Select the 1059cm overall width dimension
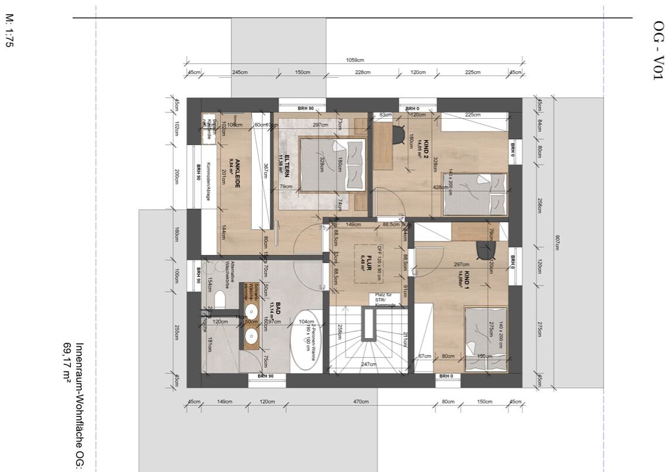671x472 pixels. coord(355,60)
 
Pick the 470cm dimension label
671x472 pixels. coord(361,401)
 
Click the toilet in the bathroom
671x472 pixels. coord(219,301)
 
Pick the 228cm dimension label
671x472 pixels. coord(362,73)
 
